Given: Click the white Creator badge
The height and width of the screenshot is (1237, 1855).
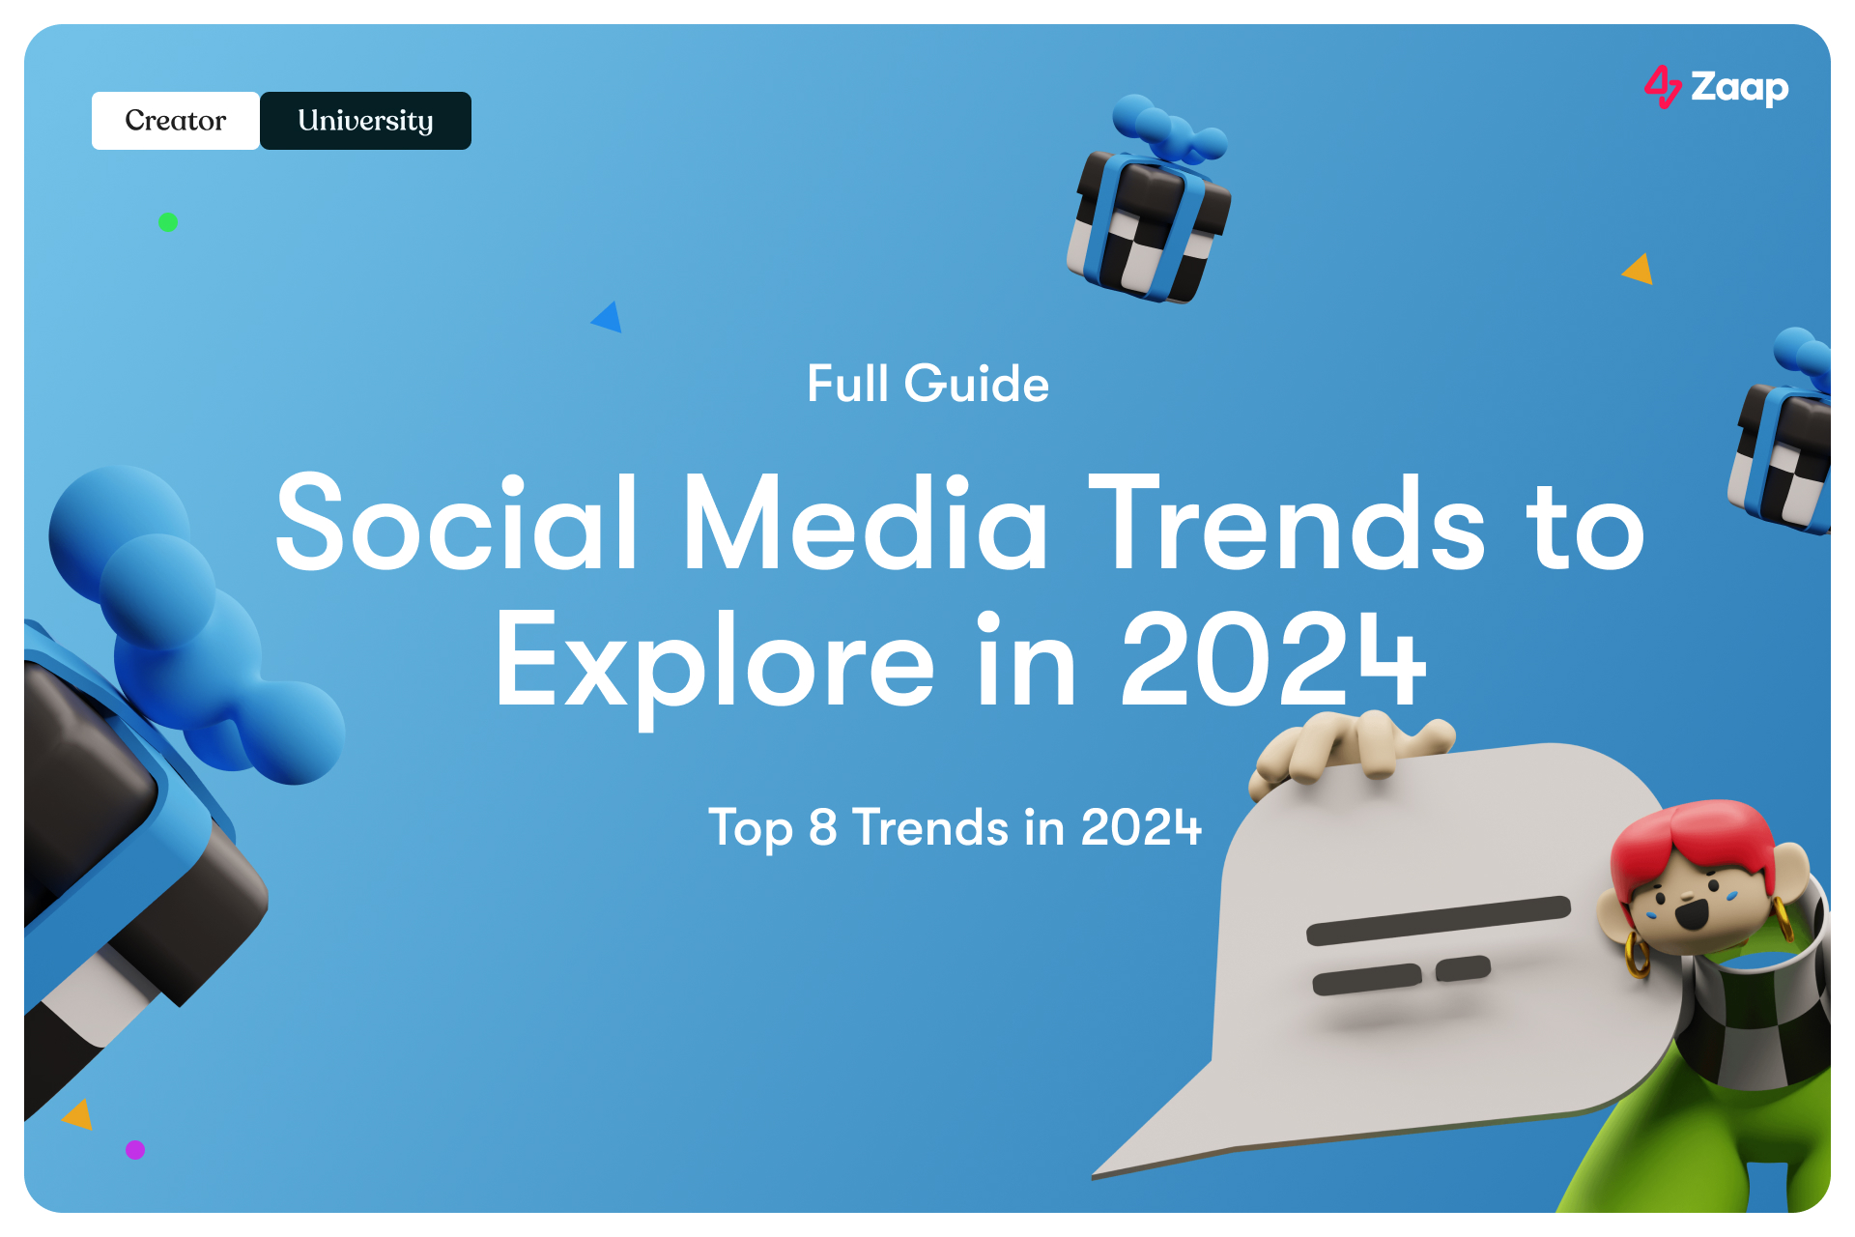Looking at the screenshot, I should (175, 121).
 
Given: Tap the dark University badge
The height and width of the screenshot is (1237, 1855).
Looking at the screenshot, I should (365, 121).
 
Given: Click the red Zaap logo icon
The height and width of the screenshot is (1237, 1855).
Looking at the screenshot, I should (1662, 87).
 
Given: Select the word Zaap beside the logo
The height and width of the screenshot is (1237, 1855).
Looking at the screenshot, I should (1739, 88).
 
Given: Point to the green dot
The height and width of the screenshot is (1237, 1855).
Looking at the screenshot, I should (168, 222).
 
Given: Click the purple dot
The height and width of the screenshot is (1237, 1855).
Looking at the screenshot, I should (135, 1149).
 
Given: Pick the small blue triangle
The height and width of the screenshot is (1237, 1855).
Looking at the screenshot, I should (608, 318).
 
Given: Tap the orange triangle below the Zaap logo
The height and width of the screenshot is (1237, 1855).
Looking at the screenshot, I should (1639, 270).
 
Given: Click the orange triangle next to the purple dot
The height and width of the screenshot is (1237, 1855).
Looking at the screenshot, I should (79, 1114).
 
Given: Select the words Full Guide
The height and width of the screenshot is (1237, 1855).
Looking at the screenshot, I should (927, 384).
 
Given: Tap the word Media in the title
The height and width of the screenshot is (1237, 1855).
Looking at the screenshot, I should (865, 524).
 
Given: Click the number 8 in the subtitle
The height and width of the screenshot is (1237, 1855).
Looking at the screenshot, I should (822, 827).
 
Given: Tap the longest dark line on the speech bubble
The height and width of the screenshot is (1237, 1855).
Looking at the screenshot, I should (1438, 920).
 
